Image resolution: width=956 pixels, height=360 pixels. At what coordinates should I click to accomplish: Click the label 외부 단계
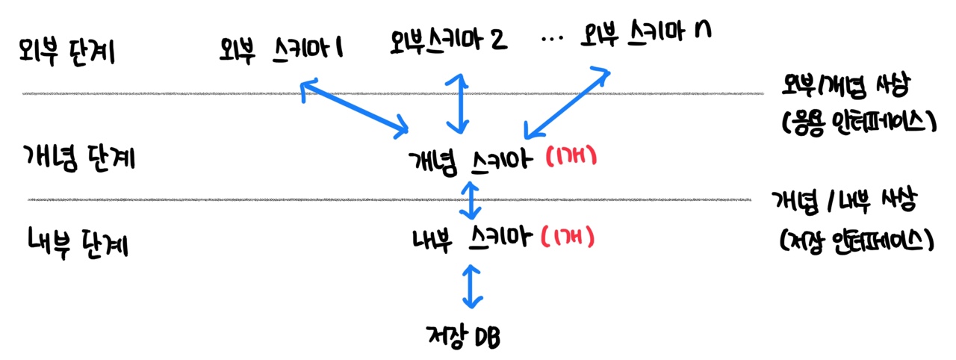[66, 53]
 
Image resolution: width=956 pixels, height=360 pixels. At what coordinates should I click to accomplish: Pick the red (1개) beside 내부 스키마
[567, 238]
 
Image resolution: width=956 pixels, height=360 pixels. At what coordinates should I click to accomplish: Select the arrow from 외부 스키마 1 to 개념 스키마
[353, 111]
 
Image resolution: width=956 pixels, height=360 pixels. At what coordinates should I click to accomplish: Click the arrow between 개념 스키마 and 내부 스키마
[470, 199]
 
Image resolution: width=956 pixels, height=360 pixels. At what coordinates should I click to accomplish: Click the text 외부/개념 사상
[844, 88]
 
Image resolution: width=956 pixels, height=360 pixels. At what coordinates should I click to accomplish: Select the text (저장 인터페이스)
[854, 239]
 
